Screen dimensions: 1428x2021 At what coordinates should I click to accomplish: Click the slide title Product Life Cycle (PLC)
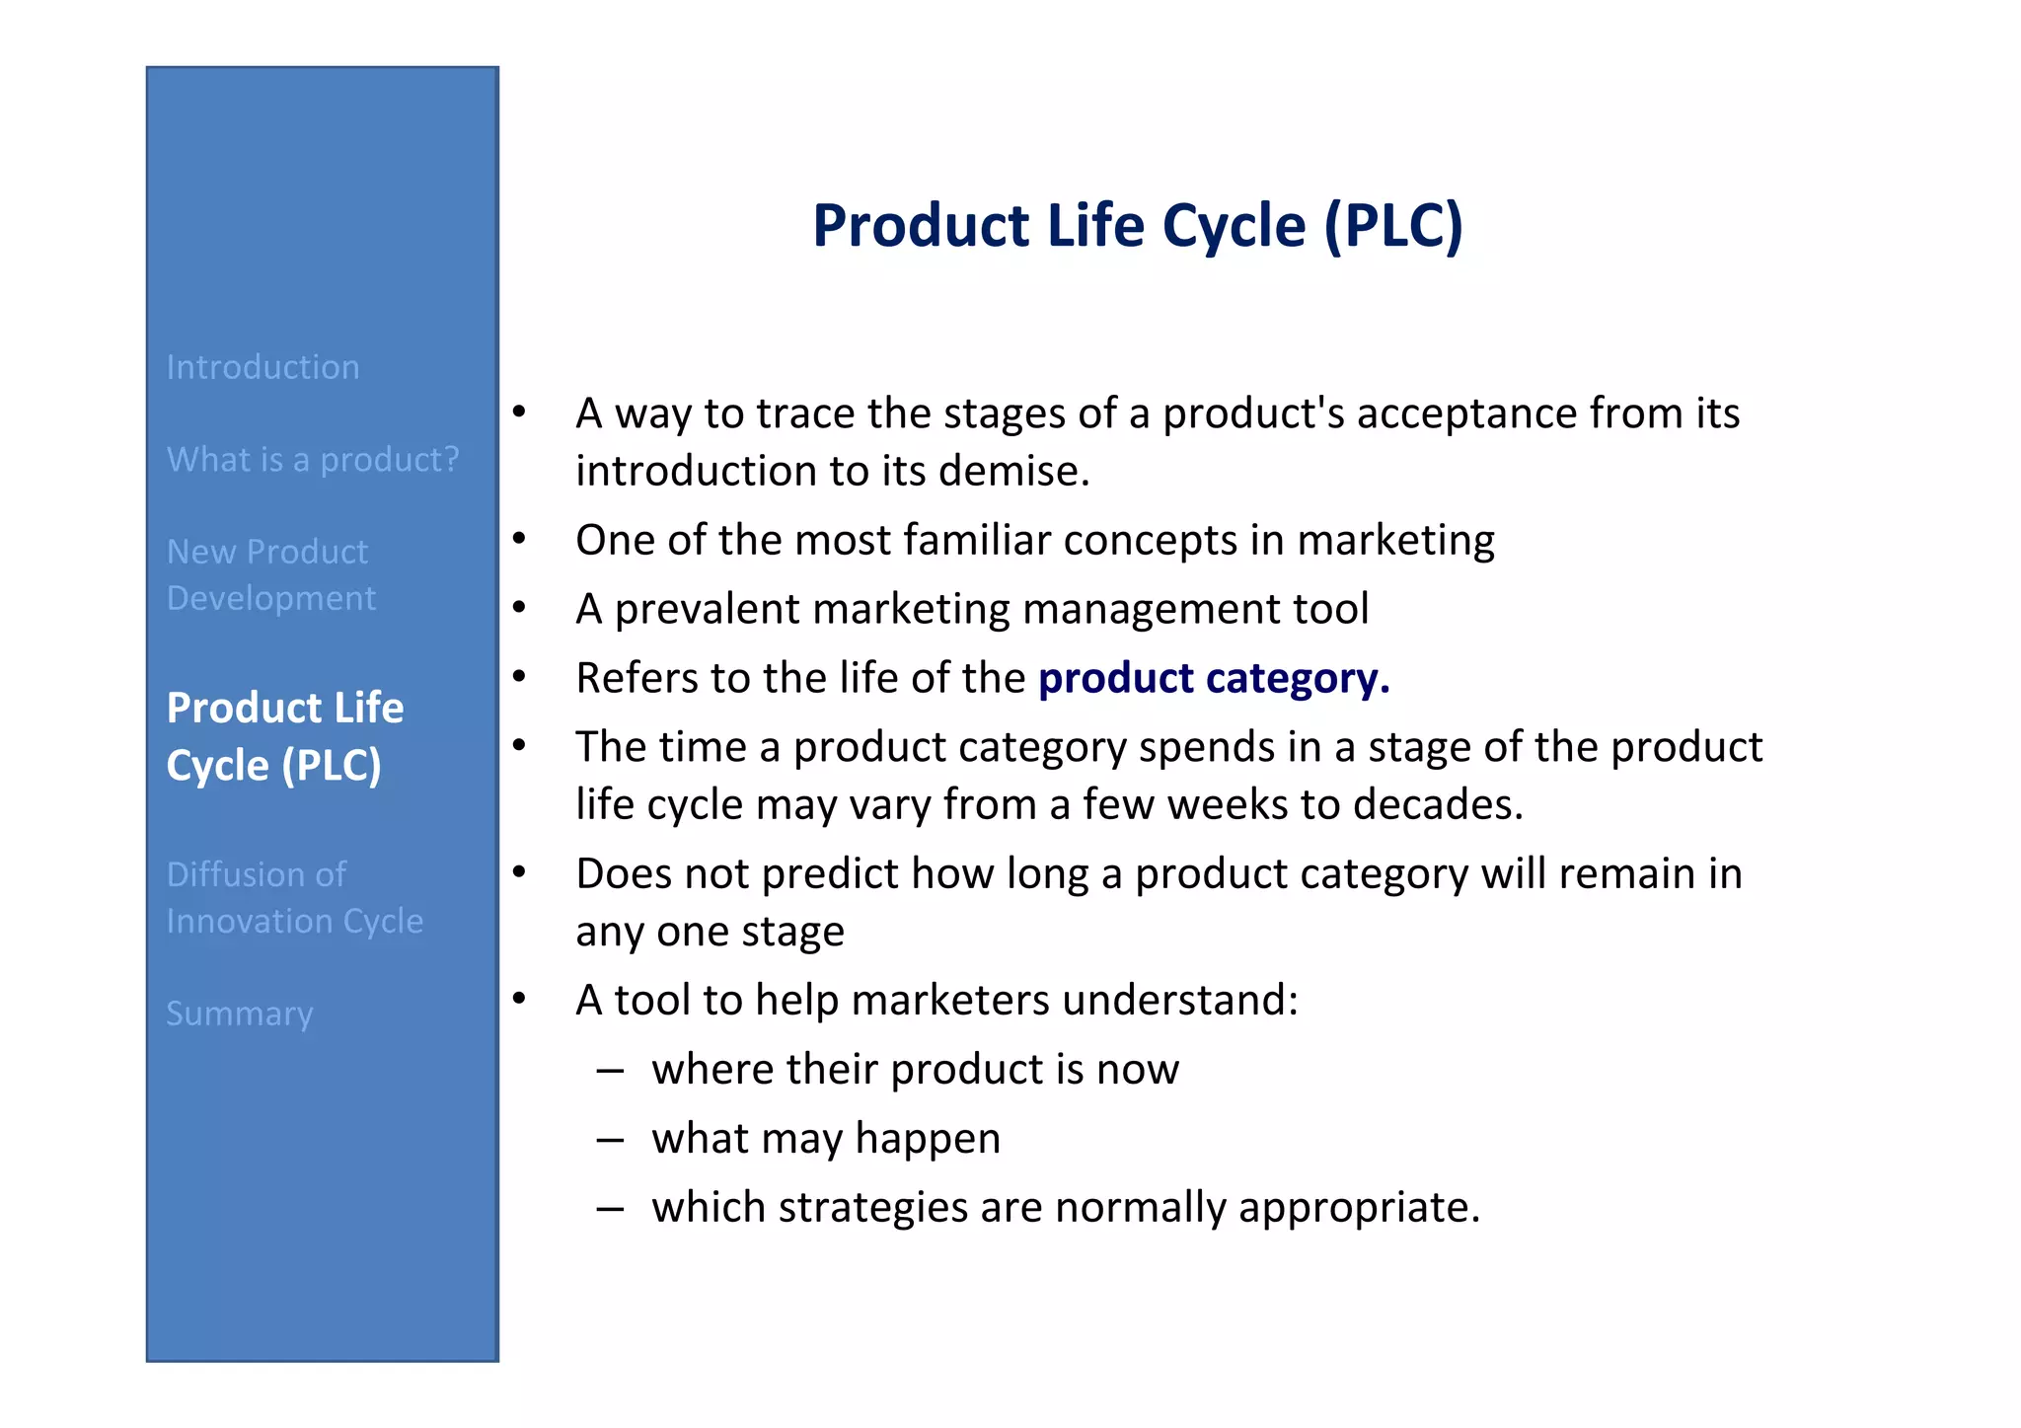tap(1137, 225)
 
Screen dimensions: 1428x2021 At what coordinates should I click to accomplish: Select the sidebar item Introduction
tap(262, 367)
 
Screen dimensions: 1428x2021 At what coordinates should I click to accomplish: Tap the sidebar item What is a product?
tap(313, 460)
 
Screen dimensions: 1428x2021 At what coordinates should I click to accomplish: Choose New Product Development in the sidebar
tap(270, 574)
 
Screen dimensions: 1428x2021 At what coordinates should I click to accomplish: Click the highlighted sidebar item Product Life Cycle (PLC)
tap(284, 736)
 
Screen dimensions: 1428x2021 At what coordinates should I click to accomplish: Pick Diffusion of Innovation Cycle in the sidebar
tap(294, 897)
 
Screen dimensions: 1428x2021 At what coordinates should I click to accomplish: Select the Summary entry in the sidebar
tap(240, 1014)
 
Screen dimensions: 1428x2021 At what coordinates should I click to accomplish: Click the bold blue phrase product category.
tap(1213, 678)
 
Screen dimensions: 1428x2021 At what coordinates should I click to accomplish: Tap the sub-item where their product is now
tap(915, 1070)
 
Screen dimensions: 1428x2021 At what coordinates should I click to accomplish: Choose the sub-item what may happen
tap(826, 1139)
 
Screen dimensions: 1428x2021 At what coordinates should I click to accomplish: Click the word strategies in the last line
tap(872, 1208)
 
